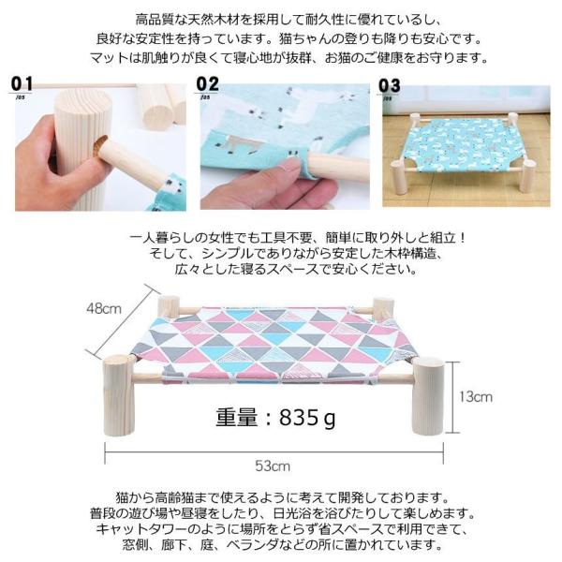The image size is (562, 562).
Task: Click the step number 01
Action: tap(22, 84)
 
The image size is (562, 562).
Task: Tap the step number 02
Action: tap(208, 84)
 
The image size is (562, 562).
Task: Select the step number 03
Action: tap(390, 86)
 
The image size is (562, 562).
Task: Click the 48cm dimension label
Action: tap(104, 308)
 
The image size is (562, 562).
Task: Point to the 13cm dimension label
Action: tap(476, 397)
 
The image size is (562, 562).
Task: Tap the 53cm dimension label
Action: tap(273, 466)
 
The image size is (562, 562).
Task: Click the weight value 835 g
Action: tap(307, 418)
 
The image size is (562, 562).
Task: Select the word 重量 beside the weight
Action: tap(237, 417)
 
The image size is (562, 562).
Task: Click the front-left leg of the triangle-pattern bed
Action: tap(120, 395)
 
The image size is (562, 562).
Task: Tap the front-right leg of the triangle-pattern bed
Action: tap(429, 395)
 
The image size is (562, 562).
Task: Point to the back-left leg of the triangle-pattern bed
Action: tap(169, 307)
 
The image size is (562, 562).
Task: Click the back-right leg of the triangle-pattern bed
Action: tap(383, 307)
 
